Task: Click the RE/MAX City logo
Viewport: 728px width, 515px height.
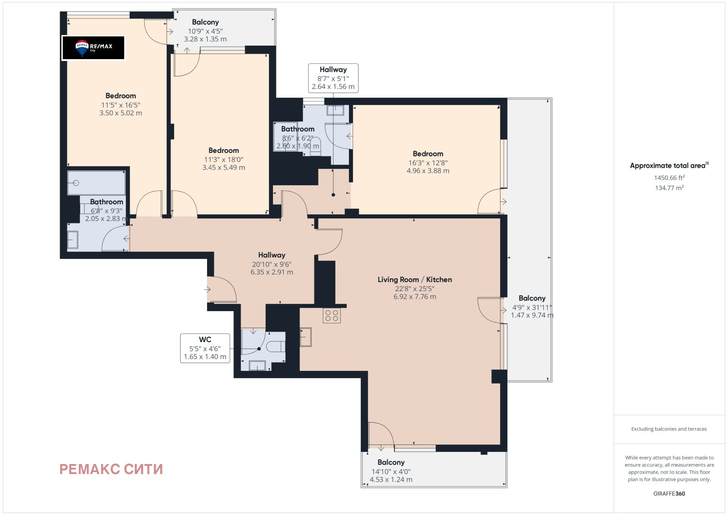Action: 93,48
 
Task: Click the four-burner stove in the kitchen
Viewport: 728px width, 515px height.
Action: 332,315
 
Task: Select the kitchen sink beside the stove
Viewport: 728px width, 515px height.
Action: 305,337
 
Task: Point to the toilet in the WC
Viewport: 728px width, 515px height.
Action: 276,347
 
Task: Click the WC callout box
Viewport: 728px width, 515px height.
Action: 205,348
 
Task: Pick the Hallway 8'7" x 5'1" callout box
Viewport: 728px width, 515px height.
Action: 333,78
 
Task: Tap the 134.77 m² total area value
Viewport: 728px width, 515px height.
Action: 669,187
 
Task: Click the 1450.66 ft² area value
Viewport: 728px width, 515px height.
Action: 669,177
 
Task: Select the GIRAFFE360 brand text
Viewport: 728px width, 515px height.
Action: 669,494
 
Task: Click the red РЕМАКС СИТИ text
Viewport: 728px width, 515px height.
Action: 111,469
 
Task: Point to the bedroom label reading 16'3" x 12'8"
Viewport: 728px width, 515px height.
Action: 428,162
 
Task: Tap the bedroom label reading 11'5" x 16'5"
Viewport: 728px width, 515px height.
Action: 121,104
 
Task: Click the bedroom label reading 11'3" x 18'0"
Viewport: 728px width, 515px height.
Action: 223,159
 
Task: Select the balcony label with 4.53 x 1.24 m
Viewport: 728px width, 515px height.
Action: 391,471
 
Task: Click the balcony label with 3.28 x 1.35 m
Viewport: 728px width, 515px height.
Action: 205,30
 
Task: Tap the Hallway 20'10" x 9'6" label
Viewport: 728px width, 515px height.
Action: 272,263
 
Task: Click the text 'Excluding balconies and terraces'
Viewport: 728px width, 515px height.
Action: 669,429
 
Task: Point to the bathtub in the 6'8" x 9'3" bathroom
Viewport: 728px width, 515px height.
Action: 96,183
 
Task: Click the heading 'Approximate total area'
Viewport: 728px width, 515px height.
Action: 669,166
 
